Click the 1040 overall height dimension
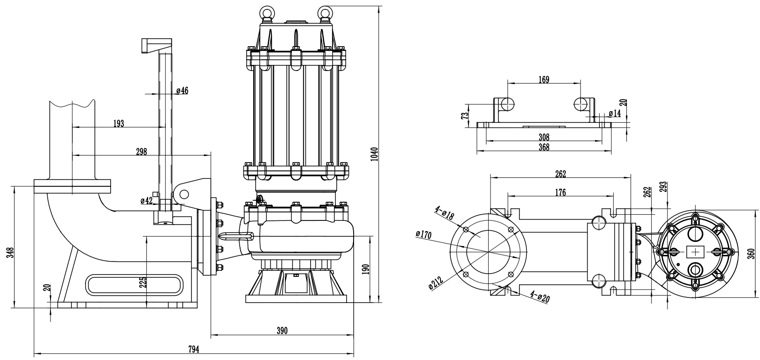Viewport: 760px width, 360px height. coord(374,154)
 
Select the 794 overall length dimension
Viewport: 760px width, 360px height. coord(194,349)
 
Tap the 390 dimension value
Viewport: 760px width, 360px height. coord(282,331)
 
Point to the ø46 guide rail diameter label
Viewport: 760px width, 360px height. coord(182,91)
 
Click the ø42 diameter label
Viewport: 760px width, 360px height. coord(147,200)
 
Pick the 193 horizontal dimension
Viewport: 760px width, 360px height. coord(118,124)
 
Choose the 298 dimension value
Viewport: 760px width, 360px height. coord(142,152)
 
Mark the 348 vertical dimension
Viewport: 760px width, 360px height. coord(11,253)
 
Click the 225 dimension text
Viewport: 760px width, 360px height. coord(143,282)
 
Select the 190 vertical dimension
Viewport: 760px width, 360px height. coord(365,269)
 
